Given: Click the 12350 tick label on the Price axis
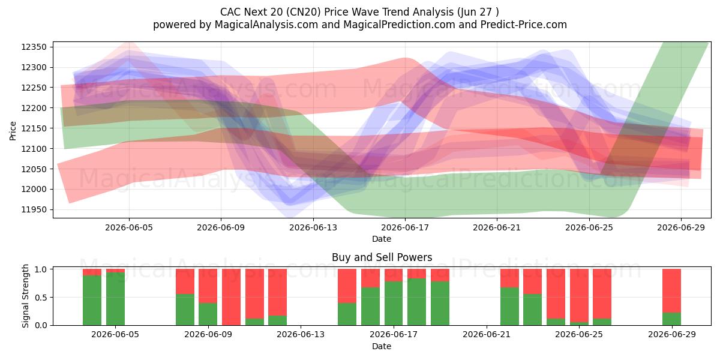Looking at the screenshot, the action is [x=34, y=47].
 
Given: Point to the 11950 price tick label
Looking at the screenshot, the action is [x=34, y=210].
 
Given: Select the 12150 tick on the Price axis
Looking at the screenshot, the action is [x=34, y=128].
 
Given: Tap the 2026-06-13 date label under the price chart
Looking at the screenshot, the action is [x=313, y=228].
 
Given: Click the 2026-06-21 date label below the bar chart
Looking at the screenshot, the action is [x=487, y=335].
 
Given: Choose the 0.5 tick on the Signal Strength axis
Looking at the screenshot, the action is [x=41, y=298].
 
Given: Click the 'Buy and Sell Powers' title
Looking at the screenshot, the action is [x=382, y=257].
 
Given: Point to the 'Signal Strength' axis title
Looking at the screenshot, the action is [x=25, y=296].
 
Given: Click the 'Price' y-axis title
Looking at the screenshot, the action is [x=13, y=131].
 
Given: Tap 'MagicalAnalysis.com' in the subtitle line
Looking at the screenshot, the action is [x=266, y=25].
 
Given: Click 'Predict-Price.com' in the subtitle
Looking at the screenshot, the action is [x=524, y=25].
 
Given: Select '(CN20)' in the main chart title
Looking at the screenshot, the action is [x=303, y=12].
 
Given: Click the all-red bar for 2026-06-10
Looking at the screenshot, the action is [x=231, y=297].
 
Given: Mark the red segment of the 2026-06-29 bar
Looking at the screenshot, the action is [x=671, y=290].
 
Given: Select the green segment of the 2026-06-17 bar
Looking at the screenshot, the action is [x=394, y=303].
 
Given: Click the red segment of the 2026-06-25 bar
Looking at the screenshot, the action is [x=579, y=295].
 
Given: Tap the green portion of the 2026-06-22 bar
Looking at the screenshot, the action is [x=509, y=307].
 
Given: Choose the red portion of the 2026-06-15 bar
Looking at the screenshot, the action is [x=347, y=286].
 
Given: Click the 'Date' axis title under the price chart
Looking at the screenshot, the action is [x=382, y=239].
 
